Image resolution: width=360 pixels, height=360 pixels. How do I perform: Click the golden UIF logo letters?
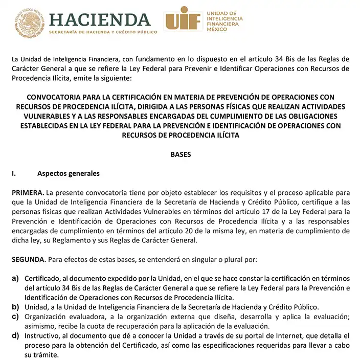(183, 20)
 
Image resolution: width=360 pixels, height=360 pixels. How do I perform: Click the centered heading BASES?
(180, 154)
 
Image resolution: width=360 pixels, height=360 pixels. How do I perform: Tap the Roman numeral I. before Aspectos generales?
(14, 173)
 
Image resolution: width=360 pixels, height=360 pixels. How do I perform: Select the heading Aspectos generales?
(68, 173)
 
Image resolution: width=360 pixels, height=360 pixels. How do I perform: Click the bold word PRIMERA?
(28, 193)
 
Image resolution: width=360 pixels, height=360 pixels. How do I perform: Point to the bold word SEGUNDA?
(29, 259)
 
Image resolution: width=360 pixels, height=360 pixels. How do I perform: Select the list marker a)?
(15, 278)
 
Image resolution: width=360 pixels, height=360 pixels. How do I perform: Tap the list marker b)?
(15, 307)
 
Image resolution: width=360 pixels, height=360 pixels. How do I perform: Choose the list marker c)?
(15, 317)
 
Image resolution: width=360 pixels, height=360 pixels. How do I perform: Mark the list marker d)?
(15, 336)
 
